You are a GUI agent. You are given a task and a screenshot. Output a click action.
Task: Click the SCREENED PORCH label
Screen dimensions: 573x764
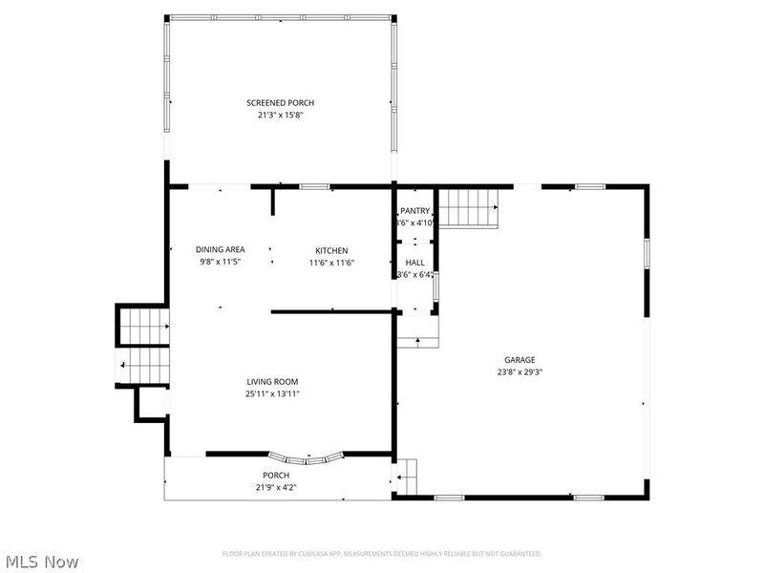point(280,102)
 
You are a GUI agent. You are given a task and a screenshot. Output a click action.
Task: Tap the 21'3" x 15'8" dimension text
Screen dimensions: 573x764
point(280,115)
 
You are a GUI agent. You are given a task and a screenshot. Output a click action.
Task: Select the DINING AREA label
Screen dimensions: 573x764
point(221,249)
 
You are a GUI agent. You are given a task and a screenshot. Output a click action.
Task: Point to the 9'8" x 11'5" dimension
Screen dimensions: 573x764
point(221,262)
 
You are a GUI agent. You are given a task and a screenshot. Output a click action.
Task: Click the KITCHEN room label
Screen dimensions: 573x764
point(331,250)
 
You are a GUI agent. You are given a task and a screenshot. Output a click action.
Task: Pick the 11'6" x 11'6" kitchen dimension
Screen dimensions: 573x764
point(331,263)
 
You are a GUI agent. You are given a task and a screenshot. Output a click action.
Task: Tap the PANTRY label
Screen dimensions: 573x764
point(414,211)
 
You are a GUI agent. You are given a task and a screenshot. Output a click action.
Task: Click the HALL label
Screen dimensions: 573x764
point(414,263)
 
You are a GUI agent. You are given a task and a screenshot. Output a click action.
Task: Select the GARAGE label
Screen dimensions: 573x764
point(520,360)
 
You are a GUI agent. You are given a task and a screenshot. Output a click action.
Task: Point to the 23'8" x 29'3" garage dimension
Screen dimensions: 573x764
point(520,372)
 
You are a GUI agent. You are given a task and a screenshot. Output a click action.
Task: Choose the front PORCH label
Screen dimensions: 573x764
point(276,475)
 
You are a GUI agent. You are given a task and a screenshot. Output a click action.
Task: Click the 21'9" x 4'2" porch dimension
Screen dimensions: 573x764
point(276,487)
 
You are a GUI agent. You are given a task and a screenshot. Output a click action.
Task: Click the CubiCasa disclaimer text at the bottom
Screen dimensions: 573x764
point(382,554)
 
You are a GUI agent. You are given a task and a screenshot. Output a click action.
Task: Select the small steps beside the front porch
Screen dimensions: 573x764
point(407,474)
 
